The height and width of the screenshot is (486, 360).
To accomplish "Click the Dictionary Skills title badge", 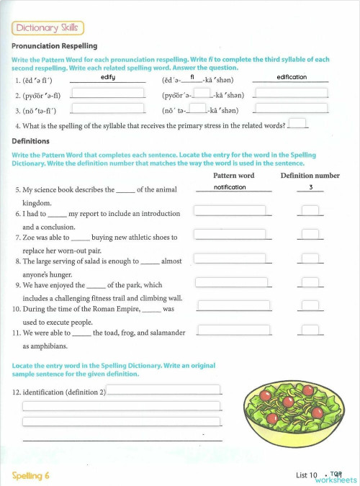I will point(48,28).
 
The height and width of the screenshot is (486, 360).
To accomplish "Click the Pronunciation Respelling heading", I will point(55,46).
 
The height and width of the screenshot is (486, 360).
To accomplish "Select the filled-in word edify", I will point(108,77).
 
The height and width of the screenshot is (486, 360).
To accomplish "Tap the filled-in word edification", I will point(291,77).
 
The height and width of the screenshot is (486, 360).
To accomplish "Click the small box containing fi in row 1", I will point(193,77).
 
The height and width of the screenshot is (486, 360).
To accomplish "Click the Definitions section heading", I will point(30,141).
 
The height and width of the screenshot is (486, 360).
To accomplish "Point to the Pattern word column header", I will point(234,176).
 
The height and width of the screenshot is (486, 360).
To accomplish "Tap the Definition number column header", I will point(310,176).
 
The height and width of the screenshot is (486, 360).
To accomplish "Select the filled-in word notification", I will point(230,187).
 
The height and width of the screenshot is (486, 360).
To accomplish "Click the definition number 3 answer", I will point(310,187).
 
